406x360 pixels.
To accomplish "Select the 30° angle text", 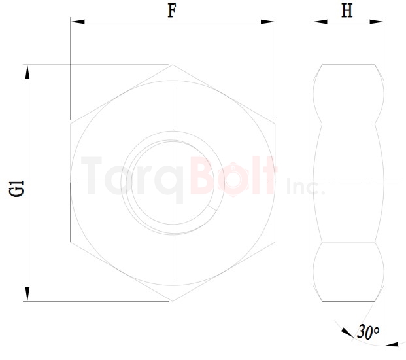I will click(368, 332).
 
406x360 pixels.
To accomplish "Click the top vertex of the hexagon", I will click(173, 64).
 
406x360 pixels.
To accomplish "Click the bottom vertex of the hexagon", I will click(173, 301).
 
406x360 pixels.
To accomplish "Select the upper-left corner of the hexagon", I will click(71, 121).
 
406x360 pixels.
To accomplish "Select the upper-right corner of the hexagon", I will click(275, 121).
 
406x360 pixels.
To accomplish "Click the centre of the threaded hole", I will click(173, 181).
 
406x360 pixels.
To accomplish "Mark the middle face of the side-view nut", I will click(348, 183).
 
